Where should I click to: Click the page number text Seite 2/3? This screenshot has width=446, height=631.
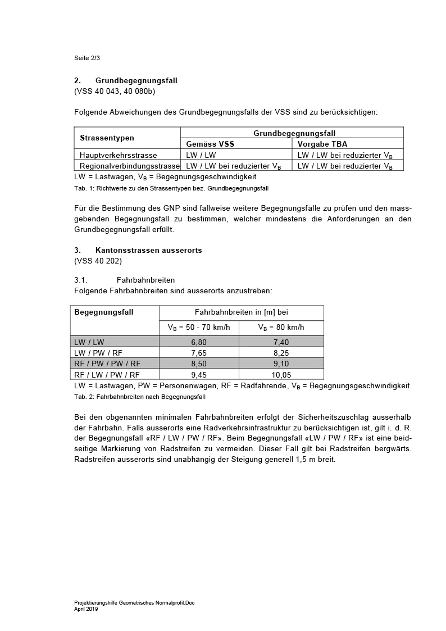pos(87,58)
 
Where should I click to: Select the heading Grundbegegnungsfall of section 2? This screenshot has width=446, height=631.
pos(136,81)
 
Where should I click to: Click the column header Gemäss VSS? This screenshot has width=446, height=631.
pos(210,144)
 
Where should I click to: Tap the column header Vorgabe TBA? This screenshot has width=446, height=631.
pos(322,144)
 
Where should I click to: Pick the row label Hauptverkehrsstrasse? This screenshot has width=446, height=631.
pos(119,155)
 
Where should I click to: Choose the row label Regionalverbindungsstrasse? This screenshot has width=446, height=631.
pos(130,166)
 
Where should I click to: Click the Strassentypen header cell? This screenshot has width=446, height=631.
pos(107,138)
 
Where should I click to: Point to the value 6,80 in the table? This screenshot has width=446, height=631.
pos(199,342)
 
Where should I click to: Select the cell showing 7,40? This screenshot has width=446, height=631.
pos(281,342)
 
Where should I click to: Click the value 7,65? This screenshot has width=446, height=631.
pos(199,352)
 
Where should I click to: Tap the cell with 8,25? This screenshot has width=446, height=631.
pos(281,352)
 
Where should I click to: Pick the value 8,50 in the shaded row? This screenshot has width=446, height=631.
pos(199,364)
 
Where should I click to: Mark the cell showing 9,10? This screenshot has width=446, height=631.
pos(281,364)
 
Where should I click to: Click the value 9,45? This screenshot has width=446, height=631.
pos(199,374)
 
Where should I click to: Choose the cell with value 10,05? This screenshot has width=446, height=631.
pos(281,374)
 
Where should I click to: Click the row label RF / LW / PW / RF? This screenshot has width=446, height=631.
pos(107,374)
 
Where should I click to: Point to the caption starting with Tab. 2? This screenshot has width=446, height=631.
pos(140,397)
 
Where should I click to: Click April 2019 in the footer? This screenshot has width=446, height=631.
pos(86,608)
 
